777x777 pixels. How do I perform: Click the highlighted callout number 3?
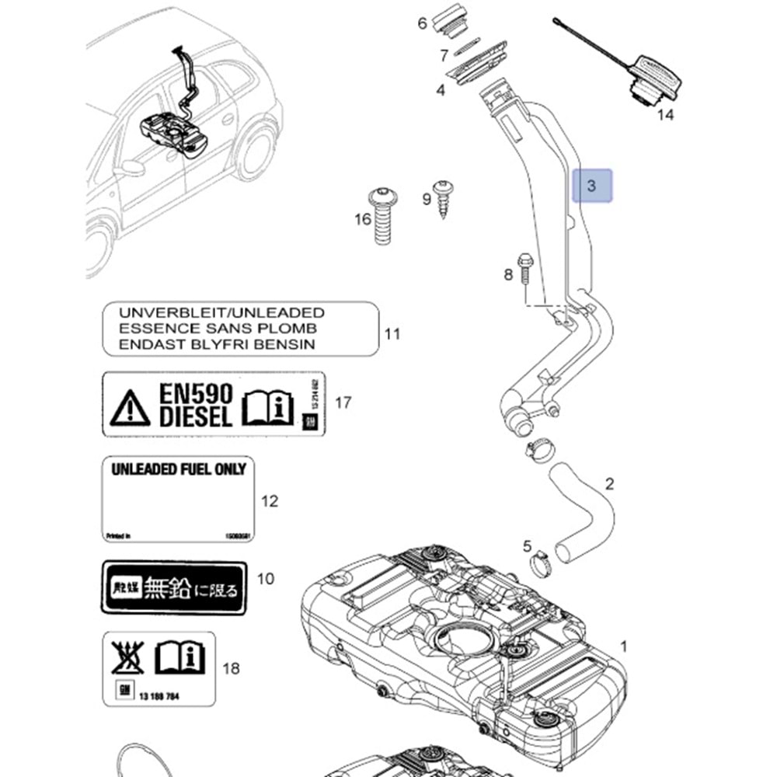tap(592, 186)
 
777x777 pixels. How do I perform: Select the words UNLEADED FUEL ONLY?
tap(179, 469)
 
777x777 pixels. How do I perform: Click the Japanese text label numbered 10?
tap(175, 589)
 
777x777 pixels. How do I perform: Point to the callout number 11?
tap(393, 334)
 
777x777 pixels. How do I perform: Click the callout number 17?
tap(343, 402)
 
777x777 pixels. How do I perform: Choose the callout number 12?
tap(269, 501)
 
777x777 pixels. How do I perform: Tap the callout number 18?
tap(231, 667)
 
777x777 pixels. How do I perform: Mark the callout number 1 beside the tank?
tap(622, 646)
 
